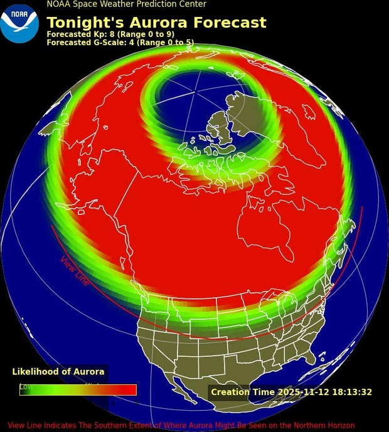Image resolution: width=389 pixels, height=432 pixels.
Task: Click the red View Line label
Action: [75, 270]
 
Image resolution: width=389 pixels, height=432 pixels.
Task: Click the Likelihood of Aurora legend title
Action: [58, 372]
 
